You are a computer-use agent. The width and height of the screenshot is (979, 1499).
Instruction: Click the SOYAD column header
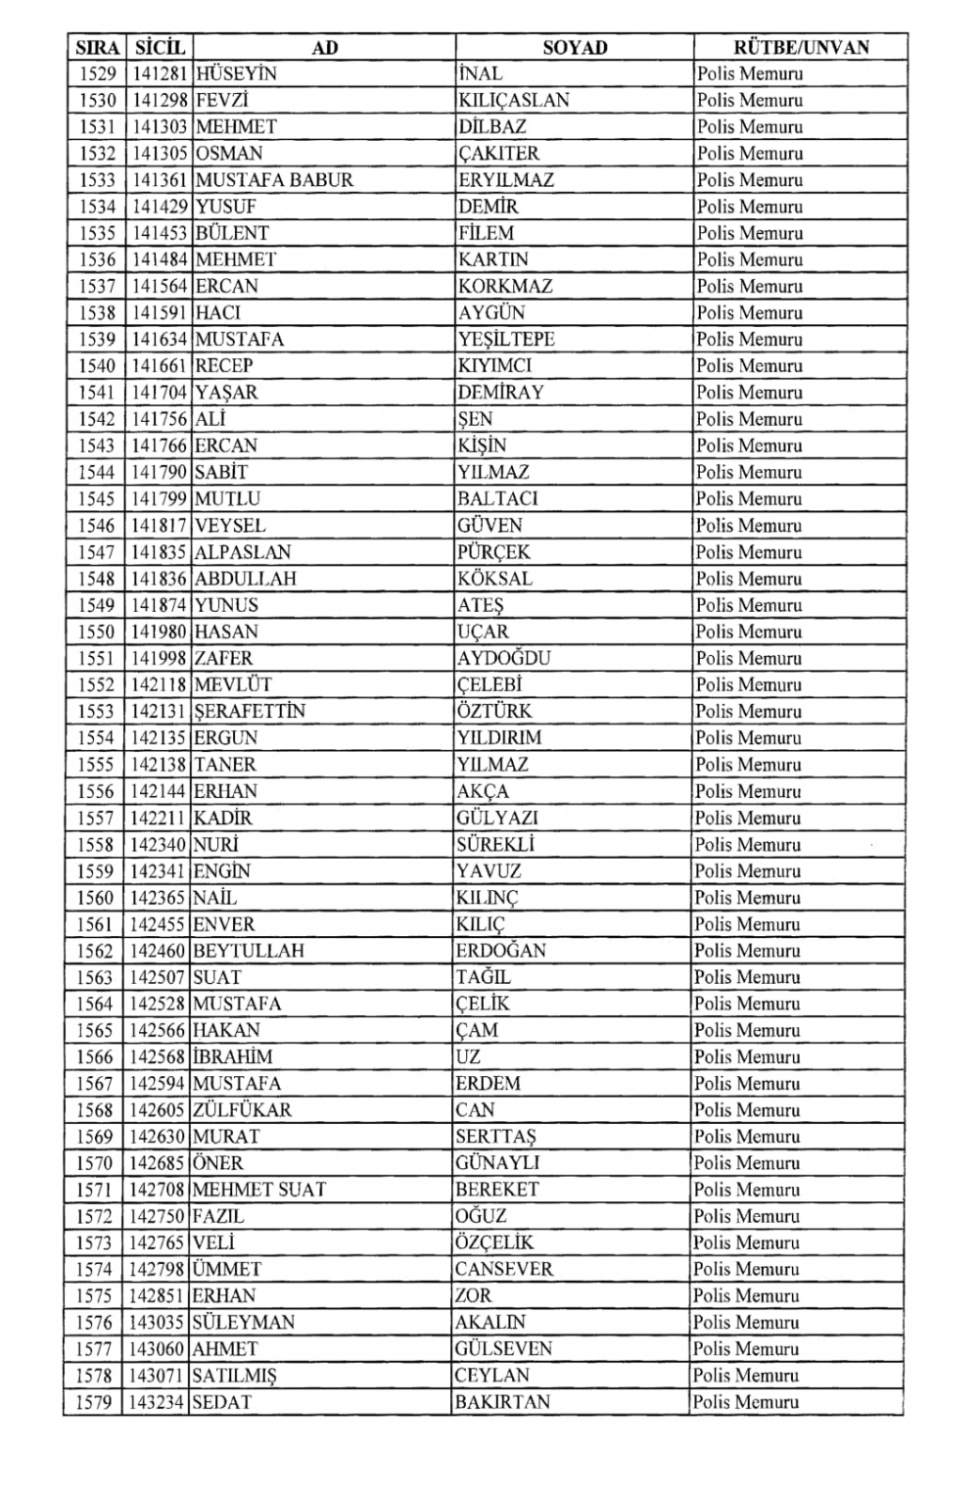(575, 47)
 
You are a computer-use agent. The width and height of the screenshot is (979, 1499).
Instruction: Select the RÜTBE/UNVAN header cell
(801, 47)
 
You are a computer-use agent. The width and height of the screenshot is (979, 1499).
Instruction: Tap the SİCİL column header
(160, 47)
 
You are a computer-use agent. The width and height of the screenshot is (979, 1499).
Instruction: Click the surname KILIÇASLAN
(513, 100)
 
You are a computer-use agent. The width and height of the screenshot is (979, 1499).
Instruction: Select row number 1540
(96, 366)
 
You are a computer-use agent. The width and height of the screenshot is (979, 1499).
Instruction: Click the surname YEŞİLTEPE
(506, 340)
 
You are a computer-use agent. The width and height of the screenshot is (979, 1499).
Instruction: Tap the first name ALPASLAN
(243, 552)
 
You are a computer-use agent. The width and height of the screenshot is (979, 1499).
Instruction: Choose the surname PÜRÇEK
(493, 552)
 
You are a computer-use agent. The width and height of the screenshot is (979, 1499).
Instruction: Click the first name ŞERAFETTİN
(250, 711)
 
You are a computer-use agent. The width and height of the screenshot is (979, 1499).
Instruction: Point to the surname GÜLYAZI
(496, 818)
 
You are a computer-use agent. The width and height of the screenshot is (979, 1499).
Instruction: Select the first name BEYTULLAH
(249, 951)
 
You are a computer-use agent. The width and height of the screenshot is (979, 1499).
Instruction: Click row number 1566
(95, 1057)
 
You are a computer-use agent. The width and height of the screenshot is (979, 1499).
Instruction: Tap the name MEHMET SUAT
(259, 1190)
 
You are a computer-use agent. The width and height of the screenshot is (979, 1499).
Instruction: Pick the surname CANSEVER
(503, 1269)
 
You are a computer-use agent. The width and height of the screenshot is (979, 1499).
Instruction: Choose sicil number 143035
(159, 1322)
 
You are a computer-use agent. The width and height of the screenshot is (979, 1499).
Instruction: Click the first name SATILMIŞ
(235, 1376)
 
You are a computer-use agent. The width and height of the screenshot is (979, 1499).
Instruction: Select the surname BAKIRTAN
(502, 1402)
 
